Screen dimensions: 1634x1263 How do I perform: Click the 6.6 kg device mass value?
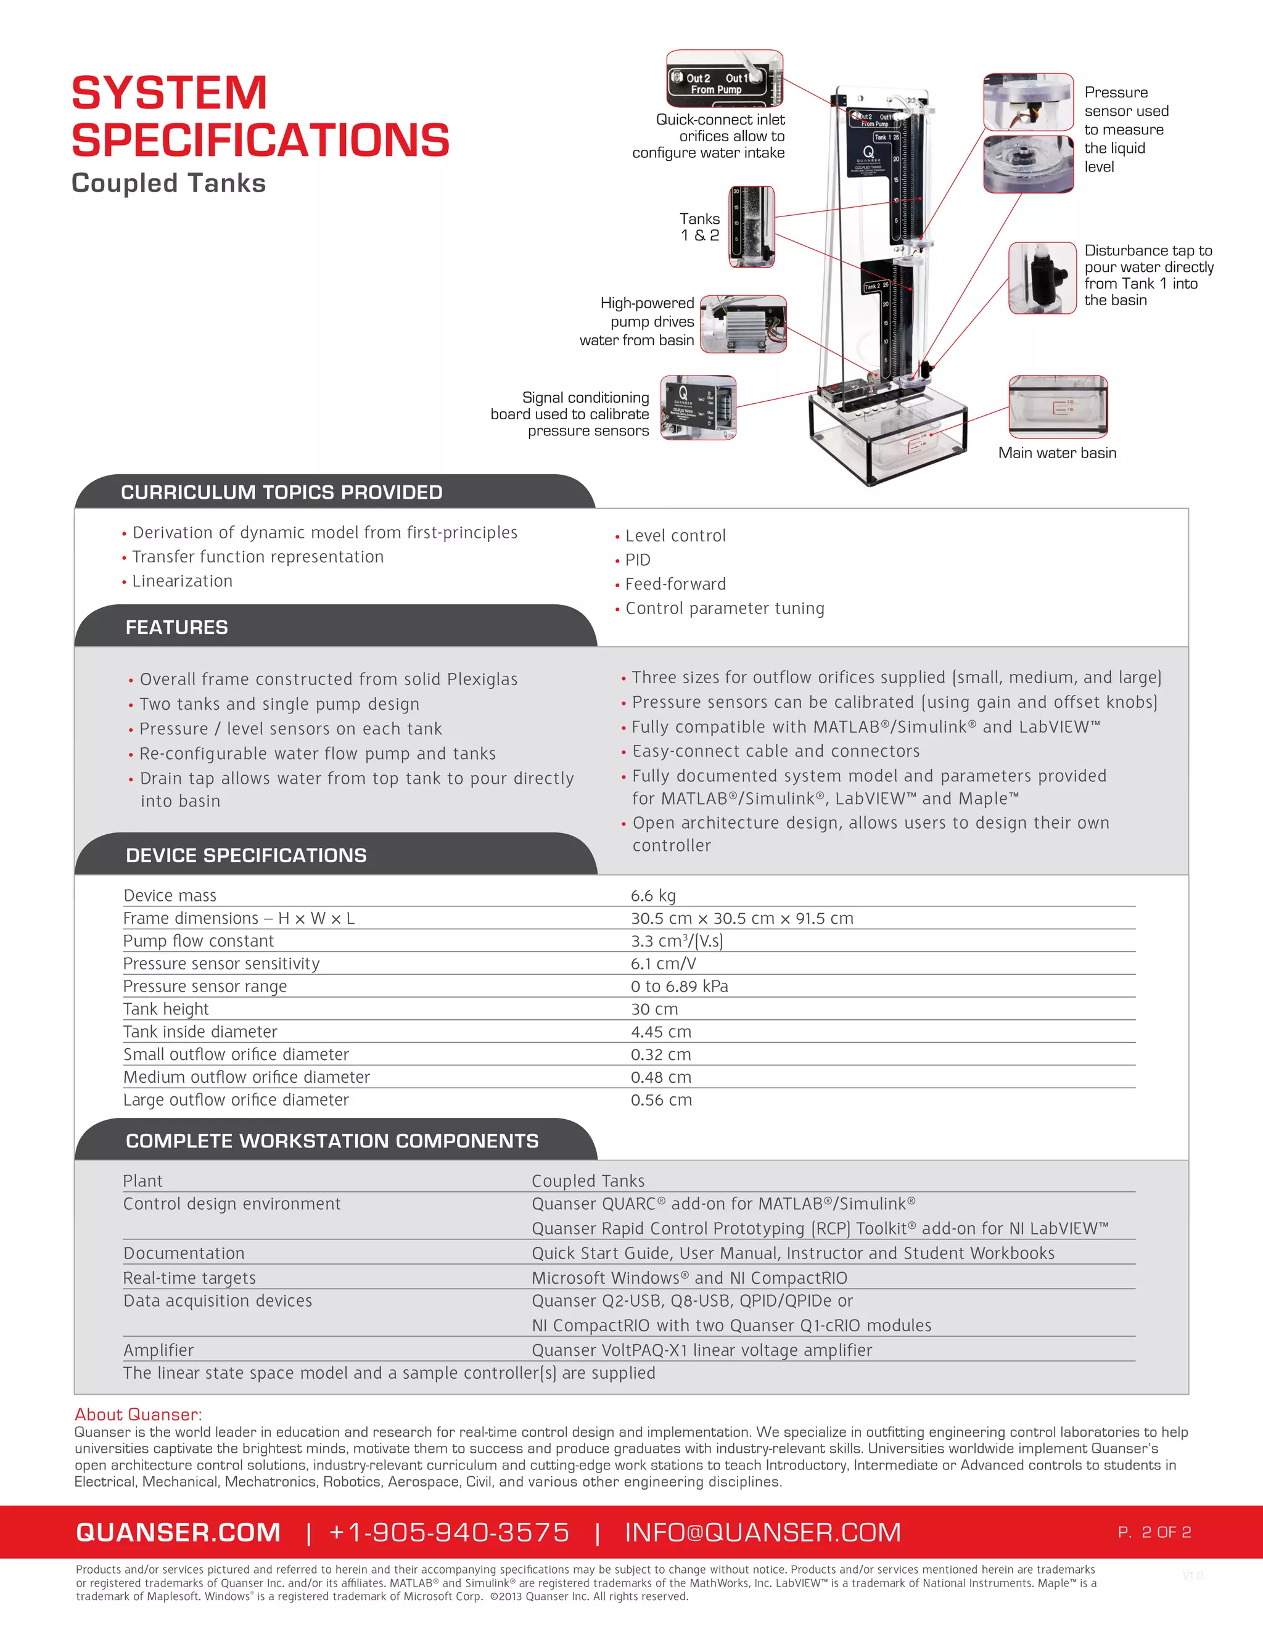[x=652, y=895]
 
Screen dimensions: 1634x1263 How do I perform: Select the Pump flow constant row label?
[x=199, y=941]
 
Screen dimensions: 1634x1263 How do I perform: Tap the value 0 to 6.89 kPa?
[x=678, y=986]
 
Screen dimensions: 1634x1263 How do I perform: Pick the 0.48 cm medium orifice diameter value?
[x=660, y=1077]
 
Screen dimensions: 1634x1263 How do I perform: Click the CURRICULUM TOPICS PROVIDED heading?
[x=281, y=492]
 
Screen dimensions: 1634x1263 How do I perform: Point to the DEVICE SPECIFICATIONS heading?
[x=246, y=855]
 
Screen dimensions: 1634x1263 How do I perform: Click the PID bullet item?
[x=638, y=560]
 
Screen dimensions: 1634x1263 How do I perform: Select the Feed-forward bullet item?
[x=675, y=585]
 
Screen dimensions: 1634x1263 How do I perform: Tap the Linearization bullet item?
[x=182, y=581]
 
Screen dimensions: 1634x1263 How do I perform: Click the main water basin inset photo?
[x=1057, y=406]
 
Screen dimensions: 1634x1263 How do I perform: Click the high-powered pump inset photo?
[x=743, y=324]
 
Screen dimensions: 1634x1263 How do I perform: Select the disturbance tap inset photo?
[x=1042, y=277]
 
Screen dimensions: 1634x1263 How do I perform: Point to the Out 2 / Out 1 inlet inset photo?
[x=723, y=78]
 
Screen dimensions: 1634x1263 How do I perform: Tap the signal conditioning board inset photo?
[x=698, y=408]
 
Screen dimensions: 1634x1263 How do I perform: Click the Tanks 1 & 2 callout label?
[x=699, y=227]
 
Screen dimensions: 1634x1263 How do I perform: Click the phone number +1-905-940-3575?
[x=449, y=1532]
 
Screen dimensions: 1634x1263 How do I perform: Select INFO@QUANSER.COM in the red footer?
[x=762, y=1532]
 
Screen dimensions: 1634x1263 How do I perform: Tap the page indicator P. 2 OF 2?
[x=1154, y=1532]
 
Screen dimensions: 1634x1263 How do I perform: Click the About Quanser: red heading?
[x=138, y=1414]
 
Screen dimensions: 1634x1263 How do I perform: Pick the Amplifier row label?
[x=158, y=1350]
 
